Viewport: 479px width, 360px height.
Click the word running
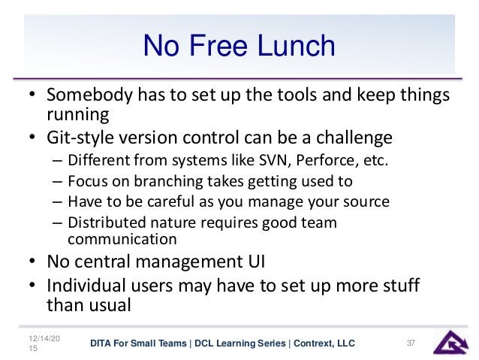tap(74, 115)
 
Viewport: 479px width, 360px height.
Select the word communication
tap(122, 240)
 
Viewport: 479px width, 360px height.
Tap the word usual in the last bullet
tap(110, 306)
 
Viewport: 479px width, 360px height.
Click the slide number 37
tap(411, 343)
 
